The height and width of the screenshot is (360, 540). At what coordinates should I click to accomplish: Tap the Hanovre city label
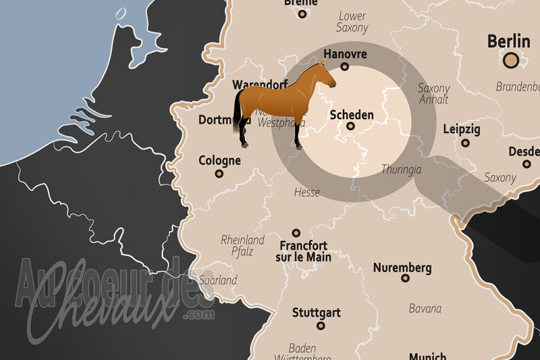345,53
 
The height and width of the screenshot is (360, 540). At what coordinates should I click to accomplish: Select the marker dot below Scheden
350,126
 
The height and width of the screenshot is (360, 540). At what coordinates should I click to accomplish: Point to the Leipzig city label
462,129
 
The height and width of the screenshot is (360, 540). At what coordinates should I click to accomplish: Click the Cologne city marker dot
219,174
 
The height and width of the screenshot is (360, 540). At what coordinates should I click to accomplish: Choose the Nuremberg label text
402,267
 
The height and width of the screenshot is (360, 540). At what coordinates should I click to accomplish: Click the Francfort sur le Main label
303,251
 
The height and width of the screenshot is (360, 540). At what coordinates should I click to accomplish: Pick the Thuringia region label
401,170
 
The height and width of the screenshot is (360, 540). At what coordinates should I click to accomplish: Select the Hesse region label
306,192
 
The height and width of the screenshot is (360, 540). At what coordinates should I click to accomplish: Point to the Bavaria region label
425,308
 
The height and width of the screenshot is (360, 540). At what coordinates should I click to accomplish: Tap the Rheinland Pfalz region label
243,245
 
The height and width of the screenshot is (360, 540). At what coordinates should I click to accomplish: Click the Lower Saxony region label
352,22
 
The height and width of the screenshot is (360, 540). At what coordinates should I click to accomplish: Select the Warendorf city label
259,85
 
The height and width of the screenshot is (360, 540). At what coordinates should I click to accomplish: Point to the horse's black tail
238,111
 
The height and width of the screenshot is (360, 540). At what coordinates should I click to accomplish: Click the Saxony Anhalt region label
433,94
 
